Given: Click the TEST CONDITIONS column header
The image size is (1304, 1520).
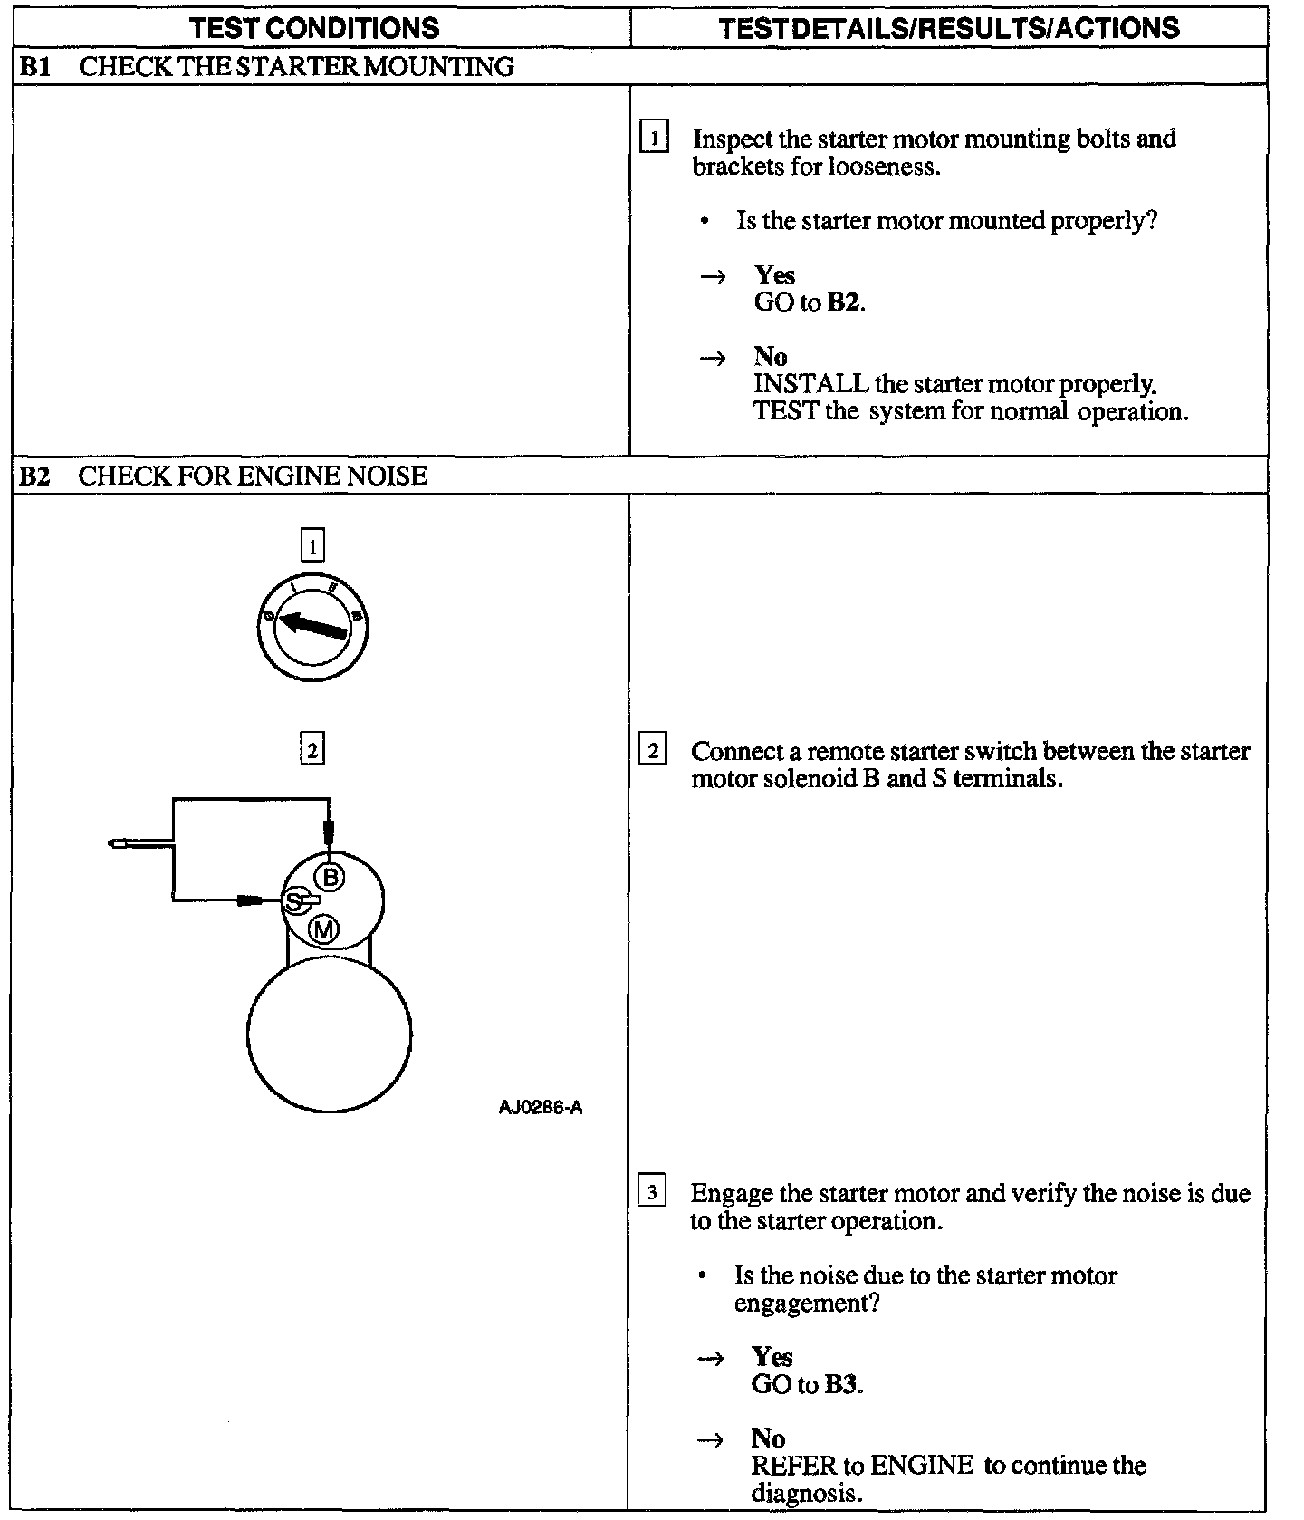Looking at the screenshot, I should point(314,27).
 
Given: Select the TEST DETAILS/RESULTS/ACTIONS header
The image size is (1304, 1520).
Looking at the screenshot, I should point(948,27).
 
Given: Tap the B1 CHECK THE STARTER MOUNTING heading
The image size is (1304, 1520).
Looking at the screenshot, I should point(266,66).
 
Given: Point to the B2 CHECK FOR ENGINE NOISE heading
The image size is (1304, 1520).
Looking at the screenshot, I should point(223,476).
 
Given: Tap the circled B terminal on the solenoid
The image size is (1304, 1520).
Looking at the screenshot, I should point(330,876).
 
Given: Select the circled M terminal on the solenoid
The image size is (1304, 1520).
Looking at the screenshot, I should point(324,929).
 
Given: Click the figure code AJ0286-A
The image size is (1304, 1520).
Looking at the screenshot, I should point(541,1107).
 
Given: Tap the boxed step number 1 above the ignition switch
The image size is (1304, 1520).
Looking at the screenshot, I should point(312,546).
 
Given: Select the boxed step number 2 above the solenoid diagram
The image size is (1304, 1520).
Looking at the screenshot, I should point(312,750).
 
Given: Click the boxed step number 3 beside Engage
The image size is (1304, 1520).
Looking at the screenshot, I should point(652,1193).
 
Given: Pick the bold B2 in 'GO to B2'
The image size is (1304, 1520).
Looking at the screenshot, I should point(843,302).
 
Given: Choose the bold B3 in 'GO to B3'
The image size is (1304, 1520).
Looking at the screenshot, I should point(841,1384).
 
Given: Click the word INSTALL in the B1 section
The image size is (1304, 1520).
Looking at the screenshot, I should point(810,384).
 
